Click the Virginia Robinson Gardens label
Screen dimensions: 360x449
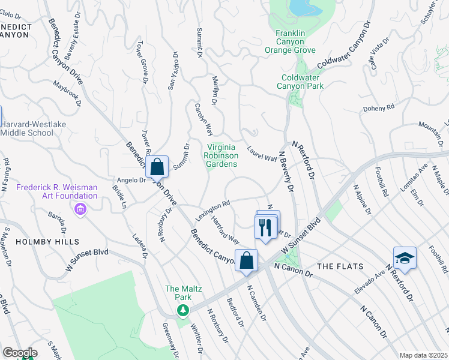(221, 155)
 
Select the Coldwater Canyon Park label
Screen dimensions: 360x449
(300, 81)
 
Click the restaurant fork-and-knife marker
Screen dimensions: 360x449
(267, 226)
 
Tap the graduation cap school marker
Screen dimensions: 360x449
(405, 258)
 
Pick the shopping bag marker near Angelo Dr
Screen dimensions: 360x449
(157, 167)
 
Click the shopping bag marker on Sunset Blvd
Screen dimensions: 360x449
(246, 260)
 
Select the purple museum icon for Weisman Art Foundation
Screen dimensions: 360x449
(80, 209)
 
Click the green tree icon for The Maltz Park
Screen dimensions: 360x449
(182, 310)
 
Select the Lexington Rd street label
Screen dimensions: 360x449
(212, 208)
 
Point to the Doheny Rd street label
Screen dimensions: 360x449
(378, 108)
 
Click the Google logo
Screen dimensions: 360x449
(20, 353)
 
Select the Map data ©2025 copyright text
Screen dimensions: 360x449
(423, 355)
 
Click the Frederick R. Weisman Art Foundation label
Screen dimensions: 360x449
(57, 191)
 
